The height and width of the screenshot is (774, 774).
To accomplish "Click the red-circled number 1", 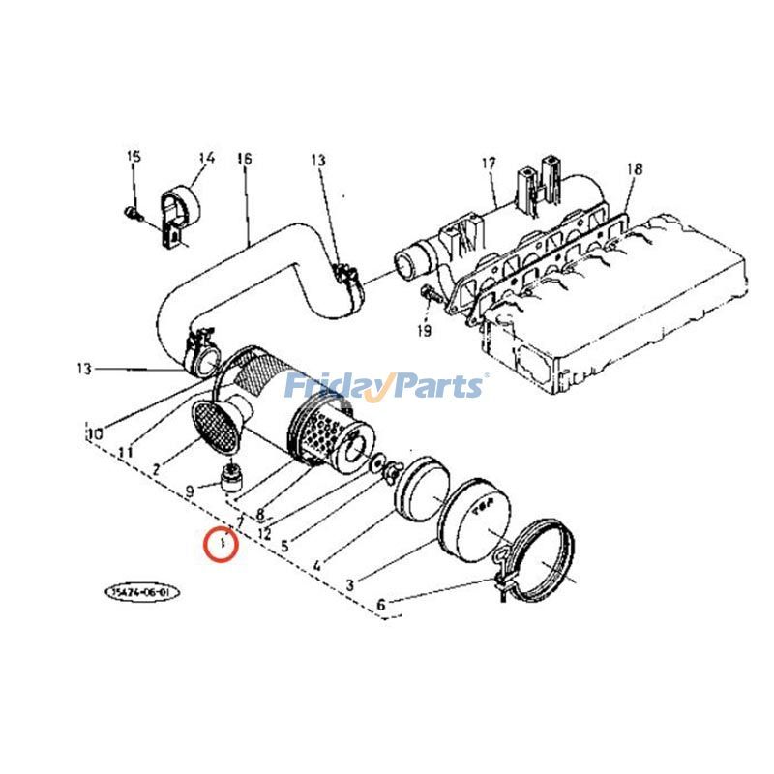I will pyautogui.click(x=223, y=546).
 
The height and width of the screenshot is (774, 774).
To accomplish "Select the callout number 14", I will pyautogui.click(x=206, y=157).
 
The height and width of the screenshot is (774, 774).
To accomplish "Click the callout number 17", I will pyautogui.click(x=489, y=163).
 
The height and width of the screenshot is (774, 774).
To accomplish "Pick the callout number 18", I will pyautogui.click(x=634, y=168).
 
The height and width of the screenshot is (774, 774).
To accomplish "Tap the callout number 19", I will pyautogui.click(x=425, y=332).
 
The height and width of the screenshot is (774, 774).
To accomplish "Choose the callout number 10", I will pyautogui.click(x=94, y=435).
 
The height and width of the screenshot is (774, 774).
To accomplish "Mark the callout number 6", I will pyautogui.click(x=381, y=606).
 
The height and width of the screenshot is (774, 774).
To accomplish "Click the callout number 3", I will pyautogui.click(x=349, y=583).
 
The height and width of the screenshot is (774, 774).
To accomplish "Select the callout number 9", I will pyautogui.click(x=190, y=491).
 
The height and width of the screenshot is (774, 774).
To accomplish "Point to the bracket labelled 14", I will pyautogui.click(x=177, y=215).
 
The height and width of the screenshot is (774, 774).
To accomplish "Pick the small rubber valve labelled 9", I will pyautogui.click(x=232, y=478).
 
